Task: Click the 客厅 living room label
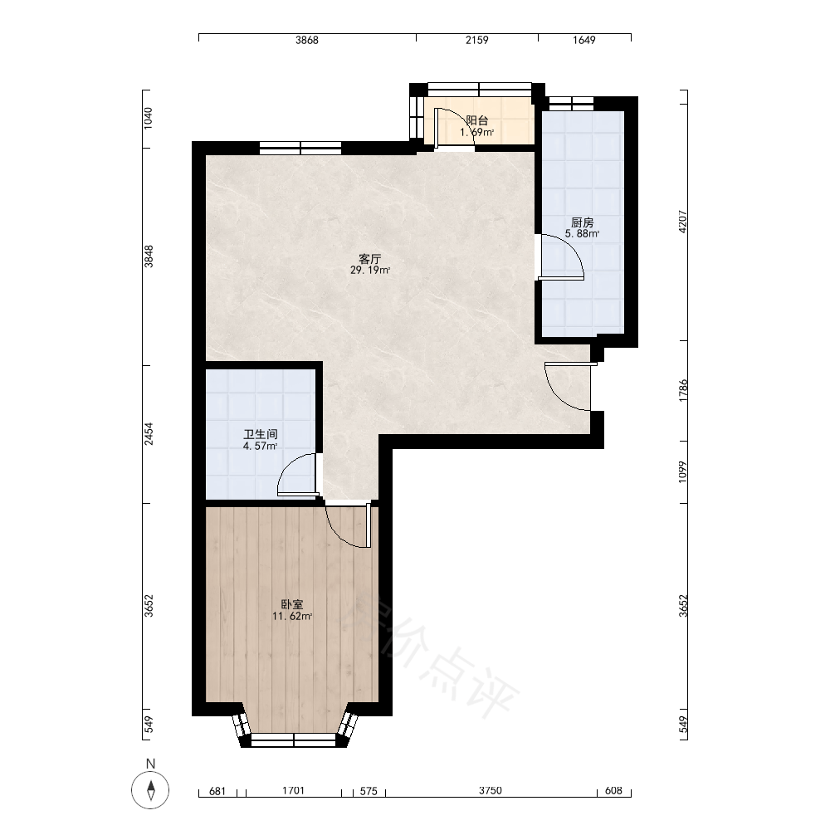[370, 259]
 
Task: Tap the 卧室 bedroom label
[291, 604]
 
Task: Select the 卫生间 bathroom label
[261, 435]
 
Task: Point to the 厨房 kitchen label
[583, 222]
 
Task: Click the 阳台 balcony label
[477, 120]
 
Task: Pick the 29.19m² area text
[370, 271]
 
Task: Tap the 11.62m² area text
[291, 616]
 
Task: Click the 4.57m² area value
[261, 447]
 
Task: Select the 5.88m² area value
[583, 234]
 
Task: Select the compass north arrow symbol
[151, 790]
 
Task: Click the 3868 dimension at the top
[307, 40]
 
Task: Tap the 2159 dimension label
[477, 40]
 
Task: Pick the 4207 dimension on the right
[683, 222]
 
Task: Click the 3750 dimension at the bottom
[491, 791]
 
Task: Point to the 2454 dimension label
[149, 433]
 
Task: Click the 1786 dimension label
[683, 390]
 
